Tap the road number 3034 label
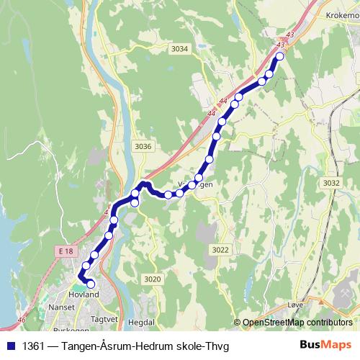pos(180,49)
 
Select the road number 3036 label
pos(143,146)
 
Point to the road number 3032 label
pos(331,183)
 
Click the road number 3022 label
pos(220,249)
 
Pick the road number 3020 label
pos(152,279)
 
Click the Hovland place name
pos(83,294)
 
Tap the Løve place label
pos(295,305)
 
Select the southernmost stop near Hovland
pos(91,284)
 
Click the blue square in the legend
pos(10,346)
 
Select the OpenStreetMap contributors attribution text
pos(297,323)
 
